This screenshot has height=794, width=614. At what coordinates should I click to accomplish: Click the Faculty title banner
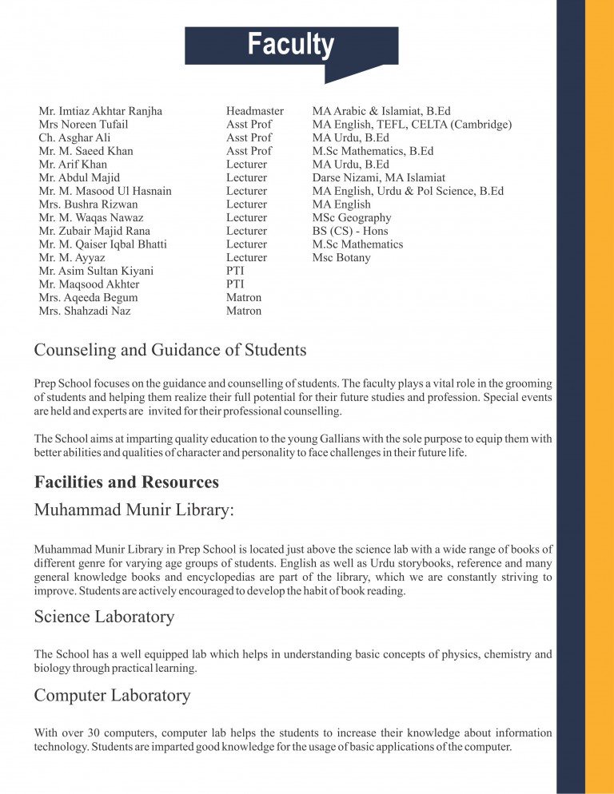pos(291,45)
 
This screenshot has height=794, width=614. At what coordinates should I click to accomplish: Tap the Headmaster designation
pos(254,111)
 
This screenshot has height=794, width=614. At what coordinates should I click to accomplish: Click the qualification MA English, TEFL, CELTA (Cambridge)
pos(412,125)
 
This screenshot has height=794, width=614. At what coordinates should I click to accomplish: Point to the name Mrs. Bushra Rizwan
pos(82,204)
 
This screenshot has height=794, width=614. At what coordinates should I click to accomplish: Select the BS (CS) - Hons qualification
pos(350,231)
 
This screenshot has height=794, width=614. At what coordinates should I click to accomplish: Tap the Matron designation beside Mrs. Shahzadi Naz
pos(243,311)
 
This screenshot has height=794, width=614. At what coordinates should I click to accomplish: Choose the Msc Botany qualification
pos(341,258)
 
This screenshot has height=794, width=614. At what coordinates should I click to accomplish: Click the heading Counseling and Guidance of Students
pos(170,350)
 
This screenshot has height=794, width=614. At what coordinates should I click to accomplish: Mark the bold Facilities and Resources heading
pos(126,482)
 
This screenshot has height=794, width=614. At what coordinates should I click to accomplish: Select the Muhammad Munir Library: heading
pos(134,510)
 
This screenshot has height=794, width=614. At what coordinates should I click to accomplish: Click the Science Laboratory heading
pos(104,617)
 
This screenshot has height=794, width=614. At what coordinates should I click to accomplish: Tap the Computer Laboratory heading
pos(112,696)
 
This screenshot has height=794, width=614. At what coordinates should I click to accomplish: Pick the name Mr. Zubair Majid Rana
pos(95,231)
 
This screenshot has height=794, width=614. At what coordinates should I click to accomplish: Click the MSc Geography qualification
pos(352,218)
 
